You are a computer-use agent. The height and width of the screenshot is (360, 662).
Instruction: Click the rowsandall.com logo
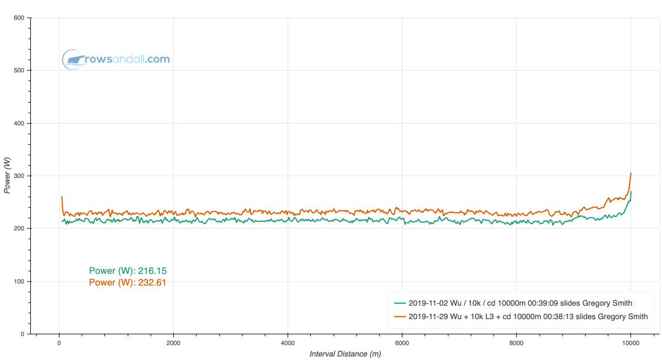tap(116, 59)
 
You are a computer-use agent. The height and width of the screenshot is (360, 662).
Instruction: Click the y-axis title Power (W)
tap(7, 176)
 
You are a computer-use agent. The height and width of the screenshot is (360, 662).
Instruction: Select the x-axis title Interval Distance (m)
tap(345, 354)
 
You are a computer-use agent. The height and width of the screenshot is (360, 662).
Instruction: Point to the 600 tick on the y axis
tap(19, 18)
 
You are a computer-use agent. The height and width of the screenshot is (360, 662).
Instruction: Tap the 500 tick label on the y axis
tap(19, 71)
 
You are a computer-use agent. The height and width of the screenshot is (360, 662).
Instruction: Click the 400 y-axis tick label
tap(19, 123)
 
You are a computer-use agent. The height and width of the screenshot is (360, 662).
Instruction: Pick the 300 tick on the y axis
tap(19, 176)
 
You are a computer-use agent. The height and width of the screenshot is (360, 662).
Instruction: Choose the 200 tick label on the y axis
tap(19, 229)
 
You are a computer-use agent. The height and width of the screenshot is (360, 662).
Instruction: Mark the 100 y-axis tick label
tap(19, 282)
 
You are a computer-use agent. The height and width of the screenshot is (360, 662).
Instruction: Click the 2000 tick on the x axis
tap(173, 342)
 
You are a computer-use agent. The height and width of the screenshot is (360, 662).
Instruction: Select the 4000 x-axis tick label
tap(288, 342)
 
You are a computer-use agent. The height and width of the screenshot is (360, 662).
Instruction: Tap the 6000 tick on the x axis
tap(402, 342)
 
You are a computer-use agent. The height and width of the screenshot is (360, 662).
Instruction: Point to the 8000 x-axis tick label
tap(516, 342)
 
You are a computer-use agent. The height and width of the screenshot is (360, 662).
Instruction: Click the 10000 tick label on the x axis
tap(631, 342)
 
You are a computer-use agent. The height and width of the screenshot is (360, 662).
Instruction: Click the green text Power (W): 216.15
tap(128, 271)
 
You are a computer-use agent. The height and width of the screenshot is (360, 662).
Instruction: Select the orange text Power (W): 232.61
tap(128, 283)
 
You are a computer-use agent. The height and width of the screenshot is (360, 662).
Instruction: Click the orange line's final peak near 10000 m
tap(631, 173)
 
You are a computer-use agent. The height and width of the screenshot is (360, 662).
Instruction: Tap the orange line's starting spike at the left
tap(61, 197)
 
